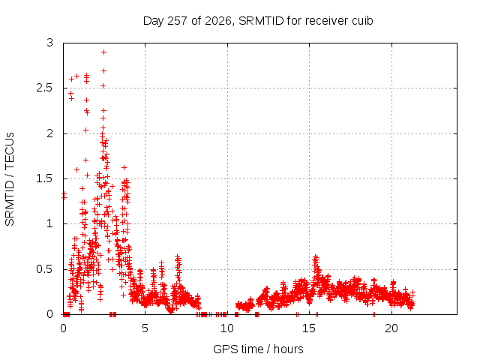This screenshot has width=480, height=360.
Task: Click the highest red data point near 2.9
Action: coord(103,52)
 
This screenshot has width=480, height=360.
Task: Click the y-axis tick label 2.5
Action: coord(45,88)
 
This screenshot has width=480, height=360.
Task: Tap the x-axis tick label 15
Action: coord(309,328)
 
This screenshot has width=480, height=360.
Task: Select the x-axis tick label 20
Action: coord(391,328)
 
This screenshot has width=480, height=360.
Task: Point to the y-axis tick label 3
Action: coord(50,43)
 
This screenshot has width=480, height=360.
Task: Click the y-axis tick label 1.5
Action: coord(45,178)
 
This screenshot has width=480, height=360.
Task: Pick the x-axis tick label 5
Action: coord(145,328)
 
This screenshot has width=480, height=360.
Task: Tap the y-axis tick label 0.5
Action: coord(45,269)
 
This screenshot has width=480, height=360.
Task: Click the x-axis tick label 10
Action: coord(227,328)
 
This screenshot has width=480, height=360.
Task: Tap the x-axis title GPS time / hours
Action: coord(258,349)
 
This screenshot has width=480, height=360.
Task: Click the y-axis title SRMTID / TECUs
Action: coord(10,179)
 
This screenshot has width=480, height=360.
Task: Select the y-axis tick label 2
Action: coord(50,133)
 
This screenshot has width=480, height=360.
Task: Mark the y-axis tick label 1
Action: coord(50,224)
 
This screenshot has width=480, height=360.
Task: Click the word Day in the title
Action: coord(154,21)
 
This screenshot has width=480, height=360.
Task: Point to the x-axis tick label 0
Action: coord(63,328)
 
